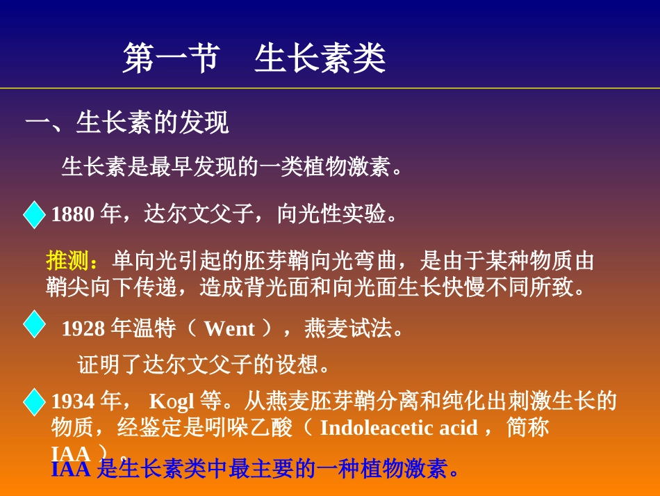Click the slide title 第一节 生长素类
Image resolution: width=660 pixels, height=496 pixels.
pos(254,58)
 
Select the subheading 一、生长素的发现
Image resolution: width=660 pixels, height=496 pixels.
pos(127,124)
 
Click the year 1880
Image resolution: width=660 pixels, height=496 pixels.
pos(72,214)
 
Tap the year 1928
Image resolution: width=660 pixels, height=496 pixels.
pos(83,328)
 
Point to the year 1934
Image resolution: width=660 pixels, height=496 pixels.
pos(72,401)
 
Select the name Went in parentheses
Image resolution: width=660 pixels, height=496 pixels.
pos(229,328)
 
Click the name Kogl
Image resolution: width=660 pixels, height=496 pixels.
pos(172,401)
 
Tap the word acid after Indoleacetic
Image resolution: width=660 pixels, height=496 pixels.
pos(459,427)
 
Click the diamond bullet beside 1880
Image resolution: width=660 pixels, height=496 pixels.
pos(33,215)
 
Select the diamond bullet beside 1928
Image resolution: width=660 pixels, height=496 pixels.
pos(33,325)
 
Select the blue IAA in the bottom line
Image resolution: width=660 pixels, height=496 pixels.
pos(71,470)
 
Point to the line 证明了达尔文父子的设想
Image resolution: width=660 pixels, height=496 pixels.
pos(202,364)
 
